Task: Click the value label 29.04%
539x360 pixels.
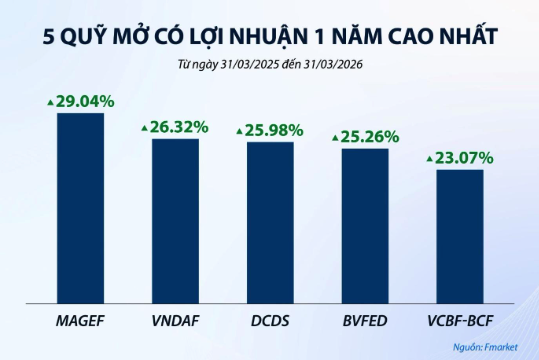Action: (85, 101)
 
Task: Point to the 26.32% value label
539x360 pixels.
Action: (180, 127)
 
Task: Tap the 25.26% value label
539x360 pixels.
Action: (370, 136)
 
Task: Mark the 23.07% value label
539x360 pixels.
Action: (464, 157)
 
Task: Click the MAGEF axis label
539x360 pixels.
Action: (80, 321)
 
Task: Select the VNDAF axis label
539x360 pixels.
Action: (175, 321)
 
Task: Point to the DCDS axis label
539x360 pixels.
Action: (270, 321)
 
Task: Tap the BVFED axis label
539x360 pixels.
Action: (364, 321)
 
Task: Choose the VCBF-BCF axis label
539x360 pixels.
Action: (459, 321)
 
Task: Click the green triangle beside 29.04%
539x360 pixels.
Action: (49, 102)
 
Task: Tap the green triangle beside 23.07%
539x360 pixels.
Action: (429, 158)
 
